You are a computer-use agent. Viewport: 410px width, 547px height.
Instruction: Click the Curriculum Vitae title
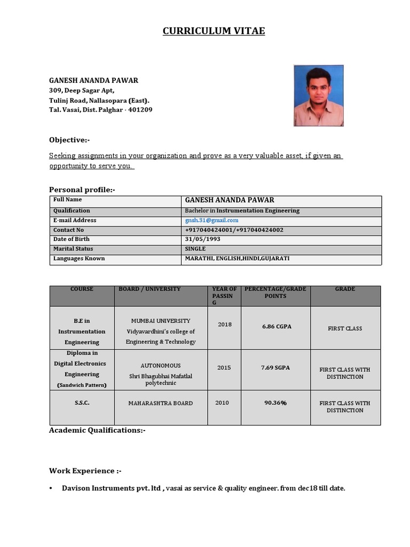(214, 32)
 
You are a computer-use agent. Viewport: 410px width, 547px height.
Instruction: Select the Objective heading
(69, 140)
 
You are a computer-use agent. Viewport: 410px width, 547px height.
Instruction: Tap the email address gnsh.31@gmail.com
(211, 220)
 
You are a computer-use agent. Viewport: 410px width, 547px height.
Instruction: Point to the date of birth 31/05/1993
(202, 239)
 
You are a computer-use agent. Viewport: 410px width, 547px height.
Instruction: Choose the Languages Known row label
(79, 259)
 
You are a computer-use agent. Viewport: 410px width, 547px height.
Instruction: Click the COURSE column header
(82, 289)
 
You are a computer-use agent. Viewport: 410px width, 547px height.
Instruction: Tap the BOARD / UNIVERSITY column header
(149, 289)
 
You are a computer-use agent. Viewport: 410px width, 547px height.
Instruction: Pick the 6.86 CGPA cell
(277, 326)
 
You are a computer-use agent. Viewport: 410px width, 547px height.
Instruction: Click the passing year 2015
(224, 368)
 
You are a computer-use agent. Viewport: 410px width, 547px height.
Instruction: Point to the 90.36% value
(275, 403)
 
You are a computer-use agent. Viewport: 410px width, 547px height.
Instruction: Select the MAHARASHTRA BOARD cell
(161, 403)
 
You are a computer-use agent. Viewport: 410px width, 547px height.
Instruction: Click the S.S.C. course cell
(82, 403)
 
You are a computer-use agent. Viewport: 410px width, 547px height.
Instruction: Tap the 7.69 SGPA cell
(276, 368)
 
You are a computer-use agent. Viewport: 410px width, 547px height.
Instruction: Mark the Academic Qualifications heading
(97, 430)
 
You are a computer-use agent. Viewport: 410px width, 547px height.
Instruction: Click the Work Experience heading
(85, 471)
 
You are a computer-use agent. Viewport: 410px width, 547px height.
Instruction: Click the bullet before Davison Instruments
(51, 488)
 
